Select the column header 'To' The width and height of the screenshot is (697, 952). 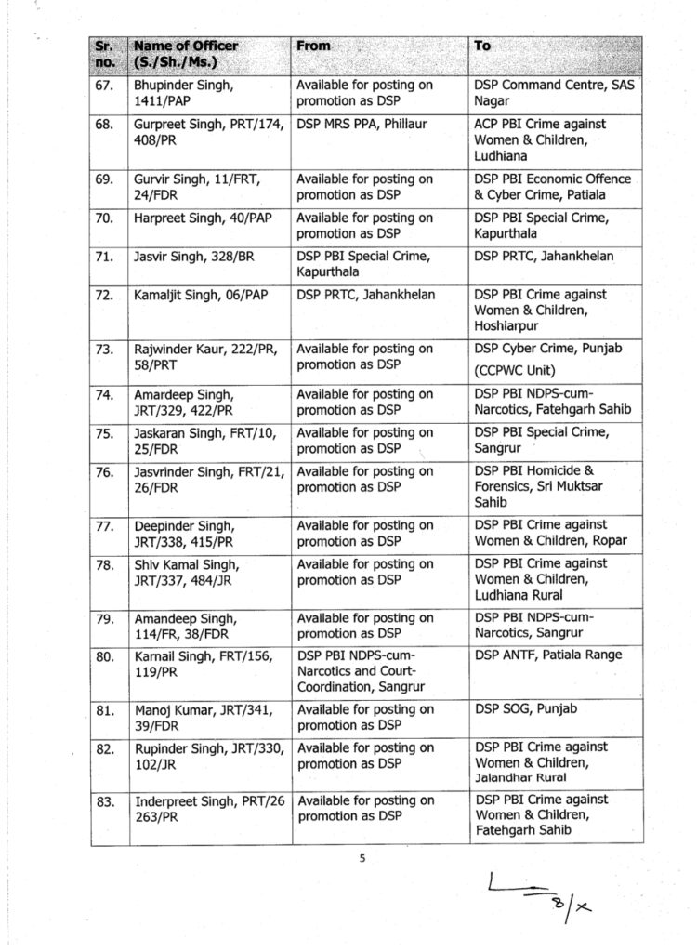pyautogui.click(x=483, y=46)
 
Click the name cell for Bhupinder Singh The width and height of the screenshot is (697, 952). pyautogui.click(x=178, y=92)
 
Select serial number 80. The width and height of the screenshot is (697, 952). pyautogui.click(x=105, y=655)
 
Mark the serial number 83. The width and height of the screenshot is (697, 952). pyautogui.click(x=105, y=800)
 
